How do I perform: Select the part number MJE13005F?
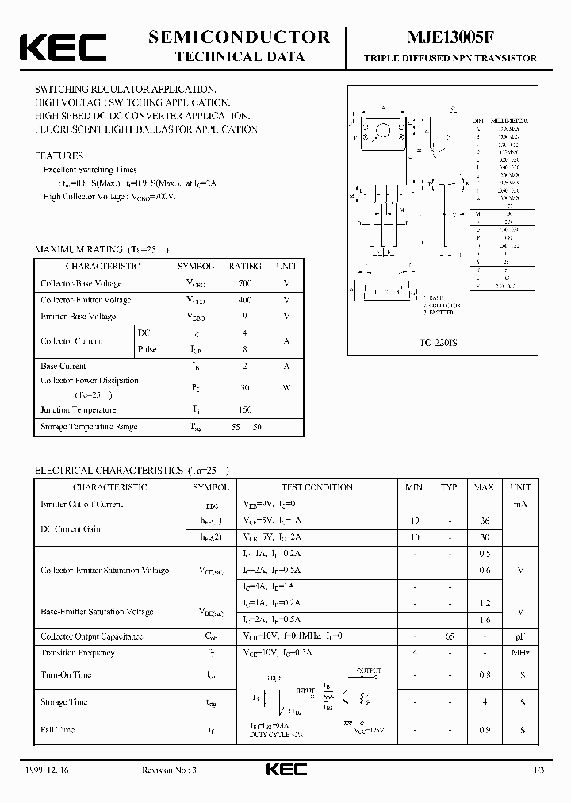[x=450, y=37]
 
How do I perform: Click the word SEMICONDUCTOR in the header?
[x=239, y=37]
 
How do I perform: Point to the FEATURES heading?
[x=59, y=156]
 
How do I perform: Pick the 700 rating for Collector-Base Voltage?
[x=244, y=283]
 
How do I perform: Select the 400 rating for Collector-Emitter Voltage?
[x=244, y=300]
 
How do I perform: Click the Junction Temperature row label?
[x=79, y=410]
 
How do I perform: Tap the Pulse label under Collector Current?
[x=147, y=349]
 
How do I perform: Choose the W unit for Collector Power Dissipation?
[x=286, y=387]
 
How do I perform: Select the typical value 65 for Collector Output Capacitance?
[x=450, y=636]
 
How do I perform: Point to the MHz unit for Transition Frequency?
[x=521, y=653]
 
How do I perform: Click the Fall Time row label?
[x=57, y=729]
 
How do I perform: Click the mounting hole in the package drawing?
[x=384, y=129]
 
